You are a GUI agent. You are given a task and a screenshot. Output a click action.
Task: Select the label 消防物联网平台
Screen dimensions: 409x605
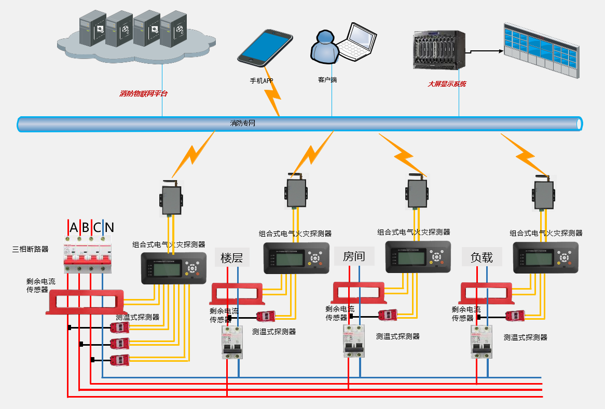tap(144, 94)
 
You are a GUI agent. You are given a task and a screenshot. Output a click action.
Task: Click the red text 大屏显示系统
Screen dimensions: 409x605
tap(447, 84)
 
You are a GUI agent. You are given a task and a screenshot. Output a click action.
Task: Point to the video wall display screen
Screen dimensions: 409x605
tap(541, 50)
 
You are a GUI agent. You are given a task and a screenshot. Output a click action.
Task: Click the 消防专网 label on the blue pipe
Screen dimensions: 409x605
tap(243, 124)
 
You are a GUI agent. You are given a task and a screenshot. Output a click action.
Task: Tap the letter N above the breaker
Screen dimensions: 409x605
tap(109, 227)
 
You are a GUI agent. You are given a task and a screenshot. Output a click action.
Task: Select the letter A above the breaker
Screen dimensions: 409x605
tap(73, 227)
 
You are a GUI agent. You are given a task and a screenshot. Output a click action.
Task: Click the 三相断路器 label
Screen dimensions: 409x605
tap(30, 249)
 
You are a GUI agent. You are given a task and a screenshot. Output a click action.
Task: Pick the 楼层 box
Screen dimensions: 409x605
tap(231, 257)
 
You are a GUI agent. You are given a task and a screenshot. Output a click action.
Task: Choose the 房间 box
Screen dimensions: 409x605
tap(354, 256)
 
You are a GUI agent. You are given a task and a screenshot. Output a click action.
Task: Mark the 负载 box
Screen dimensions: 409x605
tap(482, 257)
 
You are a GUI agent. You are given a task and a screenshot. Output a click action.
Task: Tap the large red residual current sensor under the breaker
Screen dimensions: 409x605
tap(86, 302)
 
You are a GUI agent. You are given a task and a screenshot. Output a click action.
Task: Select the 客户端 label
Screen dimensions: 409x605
tap(327, 80)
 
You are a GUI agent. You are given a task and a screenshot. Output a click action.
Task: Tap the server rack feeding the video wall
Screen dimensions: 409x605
tap(438, 50)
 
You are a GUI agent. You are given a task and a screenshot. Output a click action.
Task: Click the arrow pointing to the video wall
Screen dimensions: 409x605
tap(485, 51)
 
